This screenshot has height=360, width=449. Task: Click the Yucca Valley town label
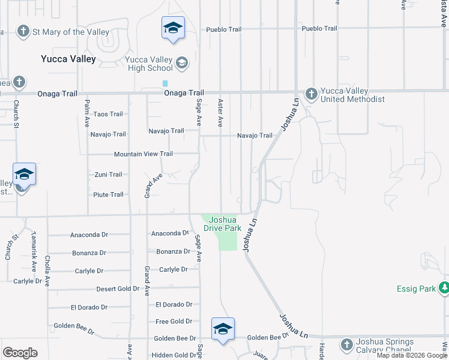tap(68, 59)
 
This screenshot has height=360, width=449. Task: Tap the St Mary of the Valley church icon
tap(23, 32)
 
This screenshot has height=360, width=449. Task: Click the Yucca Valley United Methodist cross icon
tap(311, 94)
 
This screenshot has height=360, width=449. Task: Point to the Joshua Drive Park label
tap(222, 224)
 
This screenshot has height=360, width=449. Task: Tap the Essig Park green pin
tap(444, 288)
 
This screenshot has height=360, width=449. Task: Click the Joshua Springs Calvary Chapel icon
tap(346, 344)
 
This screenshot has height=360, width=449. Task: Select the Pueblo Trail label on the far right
tap(319, 28)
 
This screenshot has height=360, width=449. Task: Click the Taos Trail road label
tap(108, 114)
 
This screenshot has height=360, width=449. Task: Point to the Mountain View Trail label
tap(143, 154)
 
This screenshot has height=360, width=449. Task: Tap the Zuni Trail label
tap(108, 175)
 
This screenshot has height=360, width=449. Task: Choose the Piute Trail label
tap(108, 194)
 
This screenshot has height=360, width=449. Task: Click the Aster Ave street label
tap(220, 113)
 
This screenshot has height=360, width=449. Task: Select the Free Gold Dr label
tap(173, 322)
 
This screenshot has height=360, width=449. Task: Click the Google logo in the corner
tap(20, 353)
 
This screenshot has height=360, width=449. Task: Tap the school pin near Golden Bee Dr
tap(223, 329)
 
